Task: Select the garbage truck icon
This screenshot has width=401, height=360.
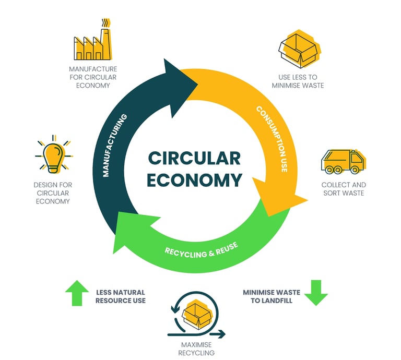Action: (342, 162)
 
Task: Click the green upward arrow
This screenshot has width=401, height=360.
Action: (77, 293)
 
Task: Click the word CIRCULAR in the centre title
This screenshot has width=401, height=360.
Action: (194, 158)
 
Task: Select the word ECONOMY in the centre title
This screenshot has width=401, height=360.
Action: (194, 180)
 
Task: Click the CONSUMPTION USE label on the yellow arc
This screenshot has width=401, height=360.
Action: (272, 139)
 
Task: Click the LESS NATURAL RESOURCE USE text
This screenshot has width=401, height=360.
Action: (120, 296)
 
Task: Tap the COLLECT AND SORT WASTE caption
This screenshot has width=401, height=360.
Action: (343, 189)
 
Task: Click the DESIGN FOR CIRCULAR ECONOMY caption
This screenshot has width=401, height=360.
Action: (53, 193)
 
